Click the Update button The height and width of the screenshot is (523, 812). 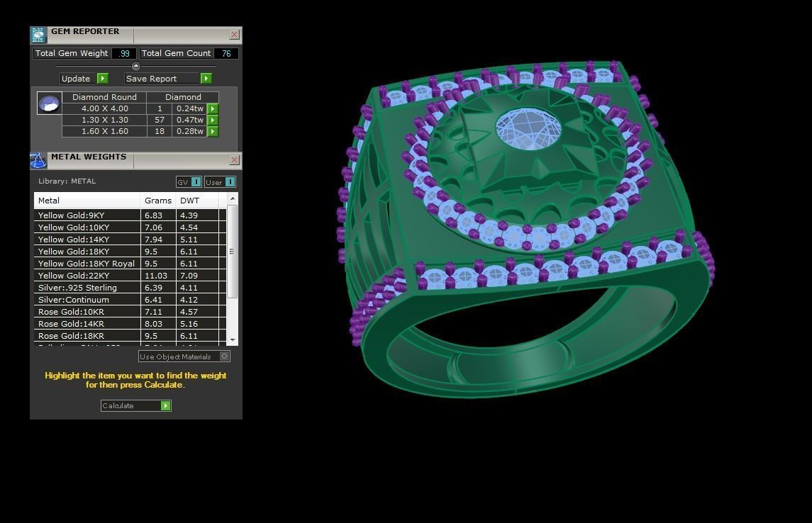click(84, 79)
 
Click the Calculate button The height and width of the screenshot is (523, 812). click(135, 405)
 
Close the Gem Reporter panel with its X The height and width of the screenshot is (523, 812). click(234, 34)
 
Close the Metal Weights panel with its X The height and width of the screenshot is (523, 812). click(234, 160)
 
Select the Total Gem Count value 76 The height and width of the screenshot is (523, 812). click(226, 53)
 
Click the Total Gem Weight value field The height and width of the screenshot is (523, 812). click(124, 53)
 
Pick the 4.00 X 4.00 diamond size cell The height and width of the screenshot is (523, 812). click(104, 108)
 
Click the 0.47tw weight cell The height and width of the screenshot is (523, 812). click(189, 120)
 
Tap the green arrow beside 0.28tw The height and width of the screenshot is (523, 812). click(213, 131)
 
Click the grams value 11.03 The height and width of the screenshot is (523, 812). click(156, 276)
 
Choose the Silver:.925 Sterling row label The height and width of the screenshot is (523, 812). click(77, 288)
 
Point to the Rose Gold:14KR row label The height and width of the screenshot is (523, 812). click(71, 324)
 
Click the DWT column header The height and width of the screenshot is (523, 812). click(190, 201)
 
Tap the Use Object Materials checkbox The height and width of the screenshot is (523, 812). click(225, 356)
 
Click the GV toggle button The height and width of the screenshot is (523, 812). click(189, 182)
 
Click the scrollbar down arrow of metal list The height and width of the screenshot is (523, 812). click(233, 341)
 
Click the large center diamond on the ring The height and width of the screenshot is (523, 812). click(528, 129)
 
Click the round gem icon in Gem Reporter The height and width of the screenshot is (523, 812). click(49, 103)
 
